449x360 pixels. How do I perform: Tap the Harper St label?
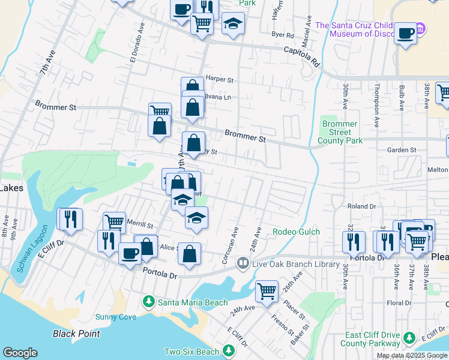point(219,79)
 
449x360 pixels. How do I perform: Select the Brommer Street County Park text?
point(340,132)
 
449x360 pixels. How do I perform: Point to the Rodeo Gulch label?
point(296,232)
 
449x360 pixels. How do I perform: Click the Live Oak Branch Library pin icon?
point(243,263)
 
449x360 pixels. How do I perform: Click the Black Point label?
point(76,333)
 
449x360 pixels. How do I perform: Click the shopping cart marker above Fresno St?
point(267,292)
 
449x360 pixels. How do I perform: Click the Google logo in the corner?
point(20,353)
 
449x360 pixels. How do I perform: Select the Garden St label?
point(402,150)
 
